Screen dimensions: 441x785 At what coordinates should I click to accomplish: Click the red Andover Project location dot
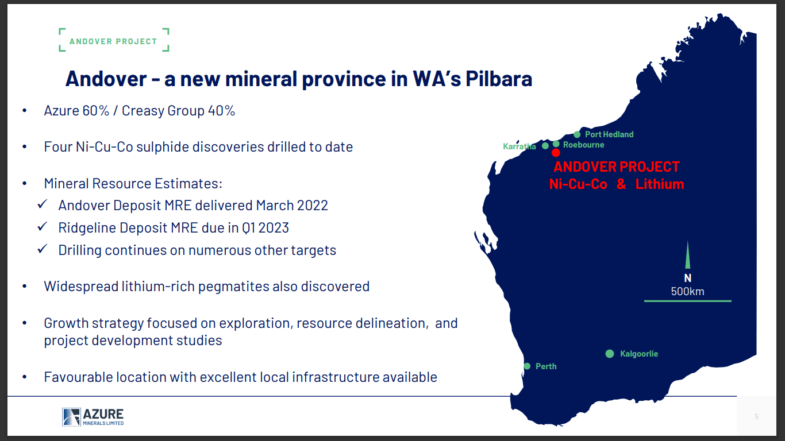coord(556,153)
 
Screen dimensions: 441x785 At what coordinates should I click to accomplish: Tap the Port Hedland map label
coord(609,134)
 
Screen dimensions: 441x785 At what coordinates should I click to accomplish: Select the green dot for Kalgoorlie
coord(610,354)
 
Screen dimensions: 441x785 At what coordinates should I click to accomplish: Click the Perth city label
coord(546,366)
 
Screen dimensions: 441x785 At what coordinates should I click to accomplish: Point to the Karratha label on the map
coord(520,146)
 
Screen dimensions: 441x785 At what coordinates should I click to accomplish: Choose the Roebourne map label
coord(583,145)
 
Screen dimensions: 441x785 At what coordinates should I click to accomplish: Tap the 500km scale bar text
coord(687,291)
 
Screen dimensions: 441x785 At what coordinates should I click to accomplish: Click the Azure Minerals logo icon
coord(71,417)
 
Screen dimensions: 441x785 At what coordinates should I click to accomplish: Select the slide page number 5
coord(756,417)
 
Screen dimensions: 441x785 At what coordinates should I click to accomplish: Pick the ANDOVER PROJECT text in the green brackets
coord(113,41)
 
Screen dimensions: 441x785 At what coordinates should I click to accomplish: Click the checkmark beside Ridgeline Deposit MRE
coord(42,227)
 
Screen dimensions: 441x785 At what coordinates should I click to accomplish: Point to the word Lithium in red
coord(660,184)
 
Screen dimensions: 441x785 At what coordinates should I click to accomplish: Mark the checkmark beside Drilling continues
coord(42,250)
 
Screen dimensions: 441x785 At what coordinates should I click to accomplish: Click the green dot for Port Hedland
coord(577,134)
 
